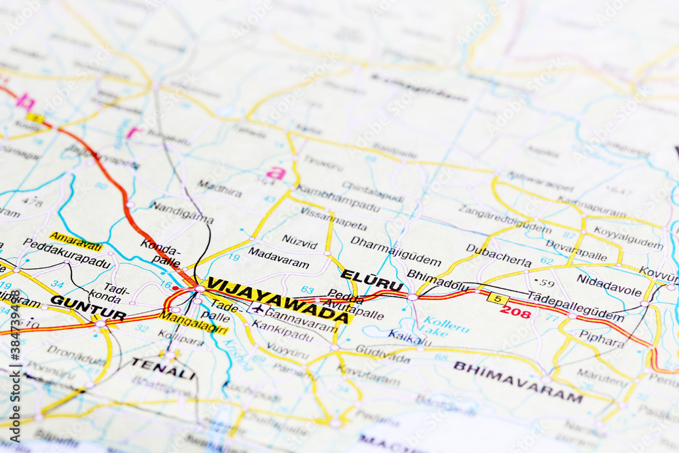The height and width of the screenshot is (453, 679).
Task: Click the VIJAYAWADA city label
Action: [x=278, y=299]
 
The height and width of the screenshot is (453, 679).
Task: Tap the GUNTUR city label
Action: [x=88, y=307]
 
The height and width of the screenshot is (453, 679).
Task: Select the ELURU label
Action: [x=371, y=280]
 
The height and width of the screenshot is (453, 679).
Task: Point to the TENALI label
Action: [x=163, y=369]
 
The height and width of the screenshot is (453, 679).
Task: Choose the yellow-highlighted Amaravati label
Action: [x=76, y=241]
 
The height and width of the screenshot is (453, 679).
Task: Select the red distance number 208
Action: [x=515, y=312]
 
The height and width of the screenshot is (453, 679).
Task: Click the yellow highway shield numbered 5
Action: [x=498, y=298]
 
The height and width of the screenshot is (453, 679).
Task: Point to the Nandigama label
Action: [x=181, y=213]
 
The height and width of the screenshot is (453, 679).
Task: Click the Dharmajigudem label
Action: [x=396, y=250]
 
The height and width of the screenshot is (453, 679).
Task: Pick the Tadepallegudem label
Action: [x=575, y=306]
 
